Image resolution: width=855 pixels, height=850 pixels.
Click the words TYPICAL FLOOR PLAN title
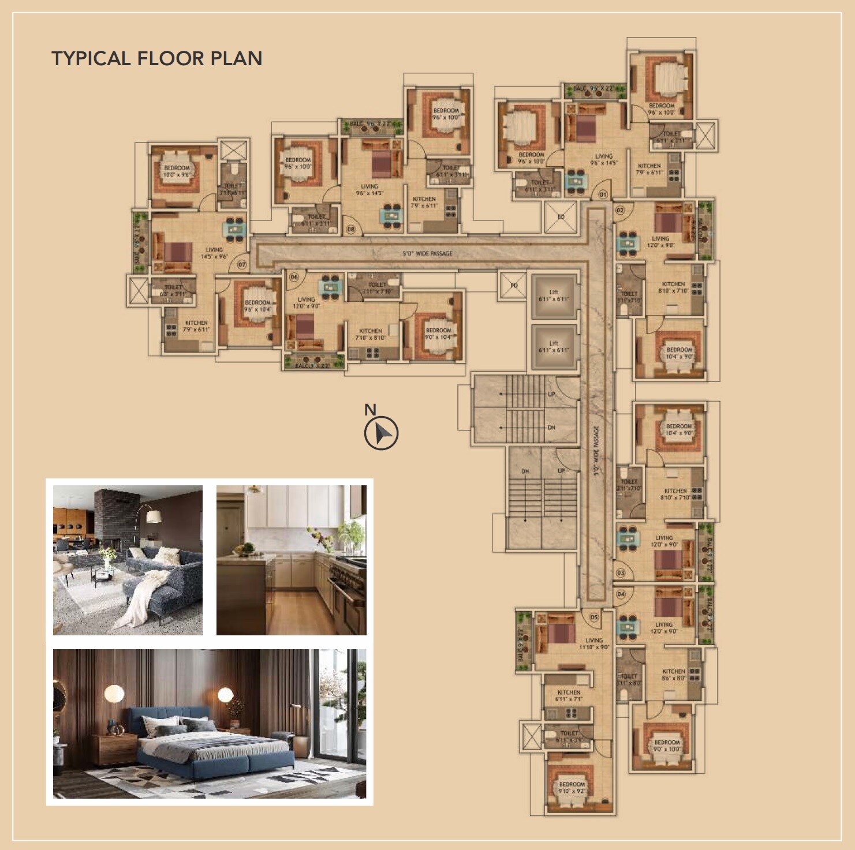click(157, 58)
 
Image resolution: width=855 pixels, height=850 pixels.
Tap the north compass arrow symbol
click(381, 433)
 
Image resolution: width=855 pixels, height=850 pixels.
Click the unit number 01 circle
click(603, 194)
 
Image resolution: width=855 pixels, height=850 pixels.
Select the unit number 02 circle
click(620, 210)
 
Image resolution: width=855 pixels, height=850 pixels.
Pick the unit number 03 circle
click(621, 573)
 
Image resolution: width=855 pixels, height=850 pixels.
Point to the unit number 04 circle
click(621, 594)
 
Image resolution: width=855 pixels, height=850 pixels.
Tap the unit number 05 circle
click(594, 617)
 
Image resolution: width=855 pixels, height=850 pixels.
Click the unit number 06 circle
click(294, 277)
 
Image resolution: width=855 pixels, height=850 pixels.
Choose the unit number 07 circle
click(241, 265)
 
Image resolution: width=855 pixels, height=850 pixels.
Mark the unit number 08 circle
click(350, 230)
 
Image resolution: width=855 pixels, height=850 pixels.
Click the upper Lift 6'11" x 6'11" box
click(554, 296)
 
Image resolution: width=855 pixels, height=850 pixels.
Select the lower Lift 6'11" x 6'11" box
click(554, 347)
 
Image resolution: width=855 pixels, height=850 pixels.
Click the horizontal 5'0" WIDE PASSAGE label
click(427, 253)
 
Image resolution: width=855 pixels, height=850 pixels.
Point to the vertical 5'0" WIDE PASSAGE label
click(596, 450)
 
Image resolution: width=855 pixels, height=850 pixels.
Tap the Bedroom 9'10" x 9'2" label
click(572, 788)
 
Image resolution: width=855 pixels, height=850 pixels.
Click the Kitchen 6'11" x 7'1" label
click(569, 695)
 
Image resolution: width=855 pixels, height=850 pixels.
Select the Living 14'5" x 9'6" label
click(214, 253)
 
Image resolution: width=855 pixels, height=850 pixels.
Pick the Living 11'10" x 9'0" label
click(593, 643)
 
